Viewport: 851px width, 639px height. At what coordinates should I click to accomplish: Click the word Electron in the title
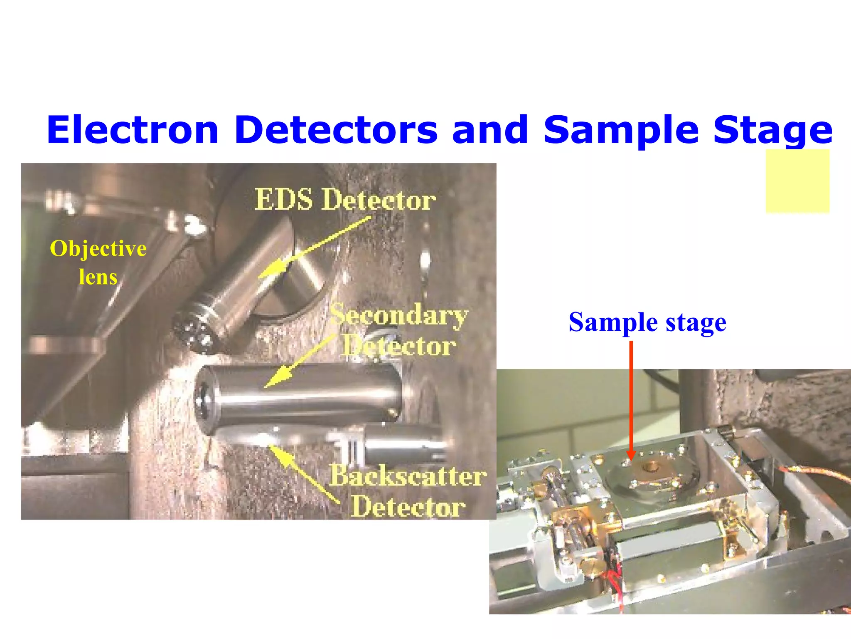(132, 130)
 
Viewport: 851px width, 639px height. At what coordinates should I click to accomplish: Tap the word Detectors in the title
(336, 130)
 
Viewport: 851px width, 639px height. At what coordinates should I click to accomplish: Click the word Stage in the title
(773, 130)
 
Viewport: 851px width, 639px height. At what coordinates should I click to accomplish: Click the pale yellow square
(797, 181)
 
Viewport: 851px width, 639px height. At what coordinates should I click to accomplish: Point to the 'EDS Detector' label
(345, 200)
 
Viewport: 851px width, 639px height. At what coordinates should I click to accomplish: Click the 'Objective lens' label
(98, 262)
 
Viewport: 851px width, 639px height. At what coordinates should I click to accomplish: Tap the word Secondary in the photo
(399, 315)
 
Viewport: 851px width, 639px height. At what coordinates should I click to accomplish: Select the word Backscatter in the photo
(408, 476)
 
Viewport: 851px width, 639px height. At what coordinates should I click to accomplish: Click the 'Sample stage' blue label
(647, 322)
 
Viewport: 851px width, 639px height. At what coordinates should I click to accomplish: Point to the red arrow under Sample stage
(631, 399)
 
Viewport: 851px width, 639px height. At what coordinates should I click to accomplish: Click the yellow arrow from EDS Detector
(312, 248)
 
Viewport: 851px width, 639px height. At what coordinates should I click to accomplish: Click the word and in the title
(490, 130)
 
